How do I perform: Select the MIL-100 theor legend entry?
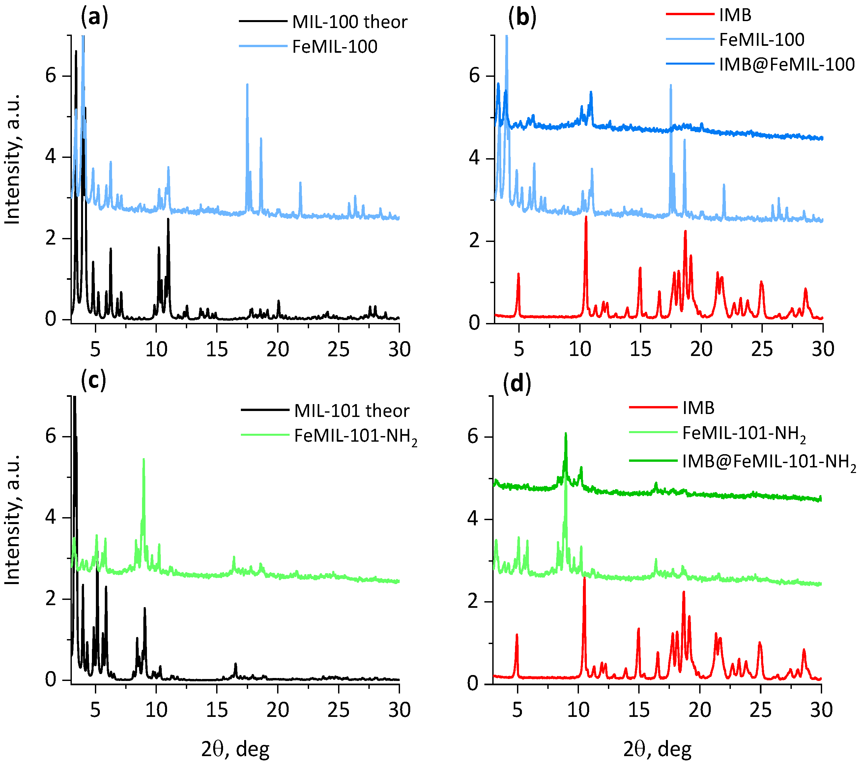(x=350, y=22)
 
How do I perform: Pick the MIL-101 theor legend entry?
(x=351, y=411)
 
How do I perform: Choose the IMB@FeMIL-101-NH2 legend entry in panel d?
(x=769, y=462)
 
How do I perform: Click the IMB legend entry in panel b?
(x=735, y=15)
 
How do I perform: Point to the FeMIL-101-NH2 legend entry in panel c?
(x=355, y=436)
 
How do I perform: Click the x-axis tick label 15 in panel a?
(x=216, y=349)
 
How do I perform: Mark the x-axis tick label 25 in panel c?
(x=338, y=710)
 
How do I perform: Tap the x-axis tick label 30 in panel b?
(x=822, y=349)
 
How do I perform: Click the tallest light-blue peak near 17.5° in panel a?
(x=247, y=85)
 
